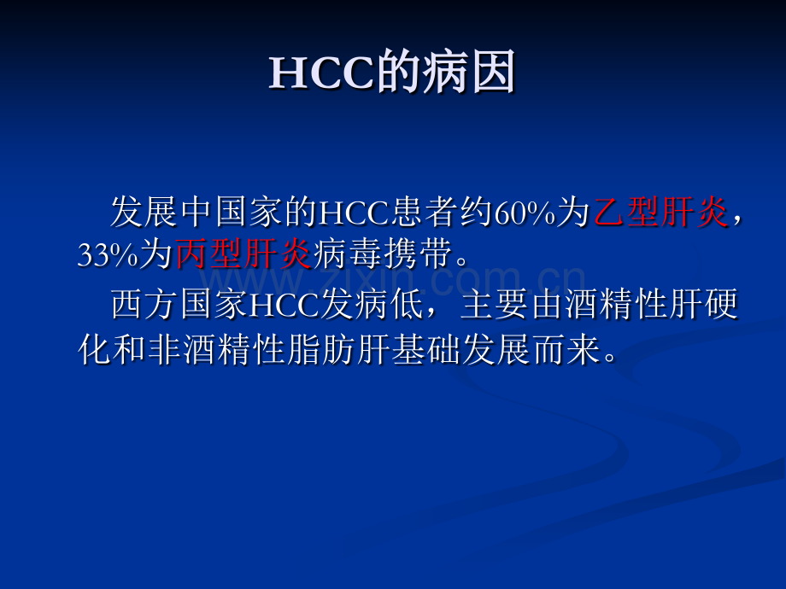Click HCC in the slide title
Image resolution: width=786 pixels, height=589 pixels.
tap(322, 75)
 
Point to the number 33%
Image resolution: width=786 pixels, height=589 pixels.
tap(108, 256)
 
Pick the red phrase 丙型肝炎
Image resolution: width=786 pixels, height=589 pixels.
tap(243, 256)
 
